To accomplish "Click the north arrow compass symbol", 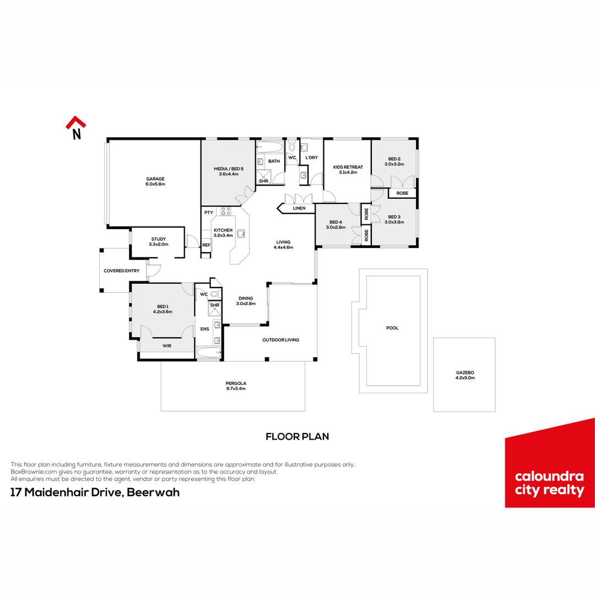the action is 76,128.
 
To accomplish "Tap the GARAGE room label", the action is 155,178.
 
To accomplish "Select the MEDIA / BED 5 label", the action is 229,169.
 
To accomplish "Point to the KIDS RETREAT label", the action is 348,167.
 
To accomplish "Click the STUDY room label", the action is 159,239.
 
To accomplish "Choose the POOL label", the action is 392,328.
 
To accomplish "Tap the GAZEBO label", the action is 465,372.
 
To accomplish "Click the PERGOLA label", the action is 236,383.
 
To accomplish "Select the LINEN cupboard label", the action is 299,208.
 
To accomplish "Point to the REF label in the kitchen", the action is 206,245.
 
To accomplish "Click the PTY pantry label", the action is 209,213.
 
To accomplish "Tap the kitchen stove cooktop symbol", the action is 226,212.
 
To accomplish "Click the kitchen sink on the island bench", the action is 241,234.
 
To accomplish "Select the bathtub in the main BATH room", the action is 270,147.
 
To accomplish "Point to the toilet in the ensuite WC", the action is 214,293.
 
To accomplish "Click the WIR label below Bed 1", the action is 167,345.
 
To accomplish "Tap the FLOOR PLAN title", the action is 297,437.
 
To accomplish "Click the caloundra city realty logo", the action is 550,463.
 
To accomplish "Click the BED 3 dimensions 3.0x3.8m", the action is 394,222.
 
